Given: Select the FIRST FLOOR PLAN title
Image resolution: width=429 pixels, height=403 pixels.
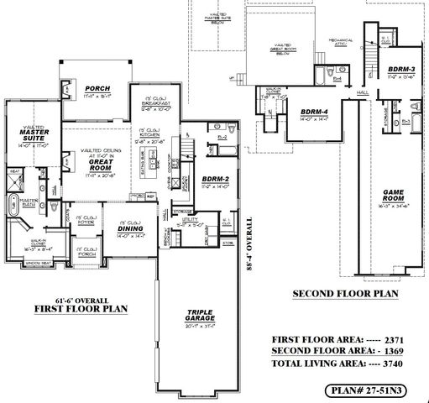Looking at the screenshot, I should pyautogui.click(x=80, y=309).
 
